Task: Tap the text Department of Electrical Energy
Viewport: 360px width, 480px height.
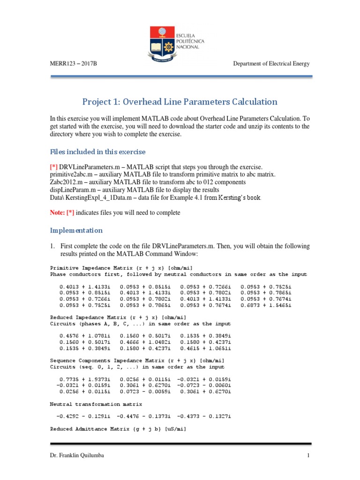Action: (271, 64)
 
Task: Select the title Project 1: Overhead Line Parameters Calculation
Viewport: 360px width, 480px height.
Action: (180, 102)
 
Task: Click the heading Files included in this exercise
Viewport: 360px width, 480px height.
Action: (97, 152)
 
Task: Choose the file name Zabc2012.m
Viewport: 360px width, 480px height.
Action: (66, 181)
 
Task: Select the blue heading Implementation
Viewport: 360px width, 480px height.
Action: (76, 231)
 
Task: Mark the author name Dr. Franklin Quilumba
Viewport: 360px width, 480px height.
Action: (77, 455)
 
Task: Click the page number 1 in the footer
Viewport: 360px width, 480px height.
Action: (308, 455)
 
